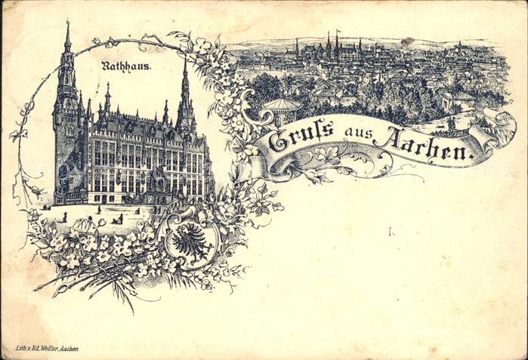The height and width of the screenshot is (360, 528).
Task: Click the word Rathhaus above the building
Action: pyautogui.click(x=126, y=66)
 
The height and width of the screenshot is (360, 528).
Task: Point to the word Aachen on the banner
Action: pyautogui.click(x=430, y=148)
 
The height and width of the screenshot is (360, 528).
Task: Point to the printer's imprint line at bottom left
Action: pyautogui.click(x=47, y=349)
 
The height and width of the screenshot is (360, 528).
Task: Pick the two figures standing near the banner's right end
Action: pyautogui.click(x=453, y=122)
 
